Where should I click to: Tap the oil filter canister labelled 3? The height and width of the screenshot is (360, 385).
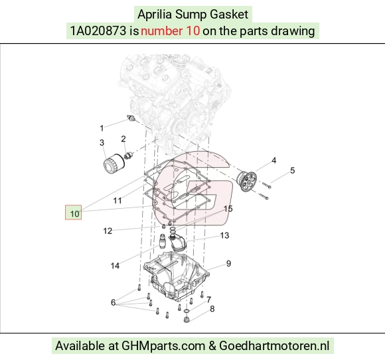click(x=114, y=164)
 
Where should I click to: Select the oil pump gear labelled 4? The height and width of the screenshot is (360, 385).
click(x=247, y=182)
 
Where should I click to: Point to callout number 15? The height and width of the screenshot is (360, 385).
click(x=228, y=209)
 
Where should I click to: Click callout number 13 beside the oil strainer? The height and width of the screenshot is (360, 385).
click(x=224, y=235)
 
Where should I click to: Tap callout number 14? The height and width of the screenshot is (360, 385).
click(x=115, y=266)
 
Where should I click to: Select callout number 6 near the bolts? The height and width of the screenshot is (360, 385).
click(x=114, y=302)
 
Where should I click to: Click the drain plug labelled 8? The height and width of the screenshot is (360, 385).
click(x=187, y=320)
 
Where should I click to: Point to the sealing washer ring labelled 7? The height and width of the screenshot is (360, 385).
click(x=187, y=311)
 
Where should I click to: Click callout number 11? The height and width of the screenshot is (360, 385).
click(x=117, y=201)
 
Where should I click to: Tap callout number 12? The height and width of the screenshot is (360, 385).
click(x=108, y=231)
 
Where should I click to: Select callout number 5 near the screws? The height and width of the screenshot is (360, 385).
click(x=293, y=170)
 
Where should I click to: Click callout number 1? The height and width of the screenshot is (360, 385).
click(x=102, y=128)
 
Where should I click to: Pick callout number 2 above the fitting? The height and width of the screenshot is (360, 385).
click(x=123, y=139)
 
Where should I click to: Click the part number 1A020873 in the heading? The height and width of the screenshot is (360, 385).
click(x=98, y=31)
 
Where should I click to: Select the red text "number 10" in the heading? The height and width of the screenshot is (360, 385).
click(x=170, y=31)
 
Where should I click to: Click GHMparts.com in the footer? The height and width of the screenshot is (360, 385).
click(x=163, y=346)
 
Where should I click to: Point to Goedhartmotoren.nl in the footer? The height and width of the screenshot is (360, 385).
click(x=274, y=346)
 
